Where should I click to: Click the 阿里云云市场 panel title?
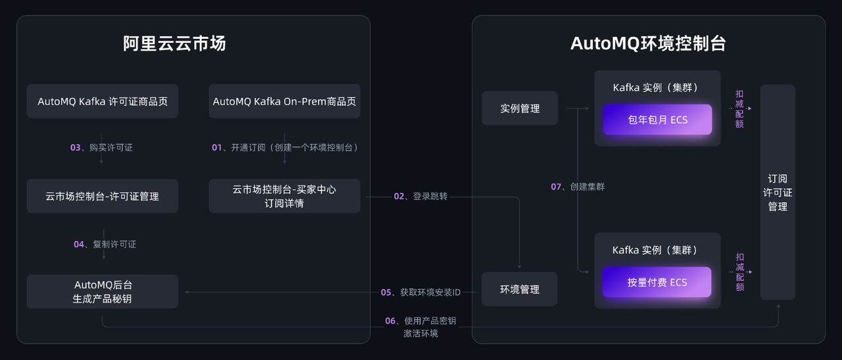pos(174,43)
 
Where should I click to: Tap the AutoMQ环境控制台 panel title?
pos(648,43)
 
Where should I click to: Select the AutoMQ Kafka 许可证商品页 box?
pos(103,101)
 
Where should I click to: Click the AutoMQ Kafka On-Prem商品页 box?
pos(284,101)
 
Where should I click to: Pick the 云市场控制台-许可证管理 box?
pos(103,196)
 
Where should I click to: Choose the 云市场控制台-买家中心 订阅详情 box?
pos(284,196)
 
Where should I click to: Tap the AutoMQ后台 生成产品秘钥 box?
pos(103,292)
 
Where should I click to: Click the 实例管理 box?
pos(520,109)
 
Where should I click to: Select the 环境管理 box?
pos(520,289)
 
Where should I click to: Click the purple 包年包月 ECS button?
pos(657,120)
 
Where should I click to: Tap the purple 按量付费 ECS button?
pos(657,282)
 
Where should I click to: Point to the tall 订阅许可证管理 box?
pos(778,192)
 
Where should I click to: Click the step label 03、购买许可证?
pos(101,147)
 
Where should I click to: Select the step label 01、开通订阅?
pos(284,147)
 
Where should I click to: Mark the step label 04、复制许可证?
pos(105,244)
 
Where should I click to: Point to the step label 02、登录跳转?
pos(420,196)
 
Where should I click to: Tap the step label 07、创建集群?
pos(578,187)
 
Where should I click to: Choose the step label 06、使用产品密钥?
pos(421,321)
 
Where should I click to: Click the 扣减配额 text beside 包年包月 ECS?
pos(740,109)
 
